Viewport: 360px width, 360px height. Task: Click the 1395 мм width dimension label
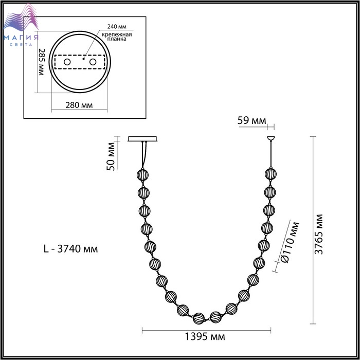[x=205, y=337]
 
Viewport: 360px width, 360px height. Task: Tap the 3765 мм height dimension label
[x=319, y=235]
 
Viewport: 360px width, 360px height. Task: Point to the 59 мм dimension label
[x=251, y=120]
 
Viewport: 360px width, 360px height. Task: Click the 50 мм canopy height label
[x=111, y=156]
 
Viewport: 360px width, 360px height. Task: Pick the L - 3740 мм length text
[x=71, y=248]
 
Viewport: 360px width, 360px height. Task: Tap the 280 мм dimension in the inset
[x=79, y=105]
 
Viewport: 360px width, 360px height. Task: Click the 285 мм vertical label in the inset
[x=42, y=62]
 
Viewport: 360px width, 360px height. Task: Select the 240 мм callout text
[x=117, y=26]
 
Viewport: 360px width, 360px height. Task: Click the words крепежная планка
[x=117, y=37]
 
